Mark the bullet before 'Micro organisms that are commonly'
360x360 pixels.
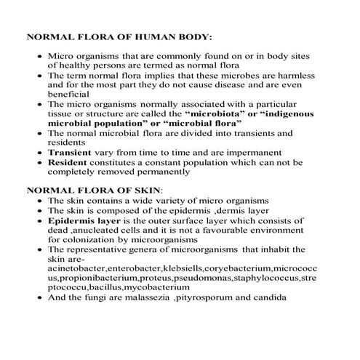point(39,55)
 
